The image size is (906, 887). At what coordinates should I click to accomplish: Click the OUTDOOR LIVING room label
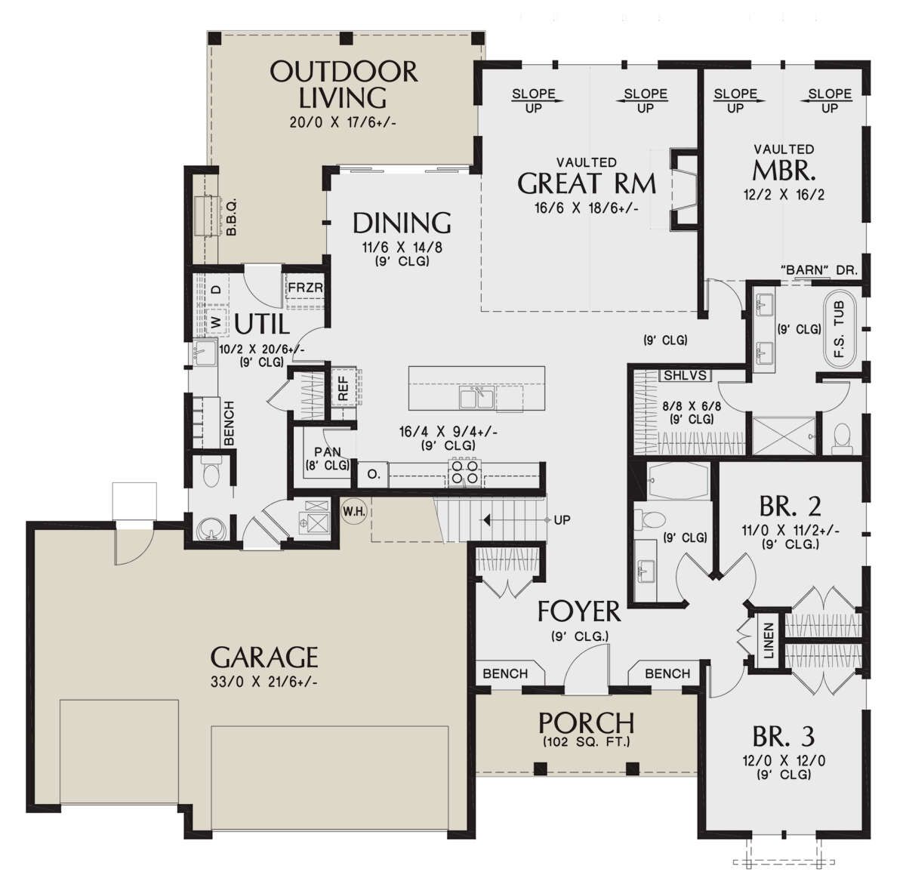344,85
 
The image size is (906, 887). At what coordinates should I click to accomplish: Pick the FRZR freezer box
305,291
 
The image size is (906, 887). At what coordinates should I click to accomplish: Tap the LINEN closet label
768,641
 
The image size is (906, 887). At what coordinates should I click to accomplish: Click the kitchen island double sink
477,399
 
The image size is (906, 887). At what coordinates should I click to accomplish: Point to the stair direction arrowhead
485,520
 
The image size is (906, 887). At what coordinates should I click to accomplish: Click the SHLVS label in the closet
686,375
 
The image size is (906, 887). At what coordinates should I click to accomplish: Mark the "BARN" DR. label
818,270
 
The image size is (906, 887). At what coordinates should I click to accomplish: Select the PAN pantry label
328,452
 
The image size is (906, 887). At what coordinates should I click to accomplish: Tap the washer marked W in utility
216,322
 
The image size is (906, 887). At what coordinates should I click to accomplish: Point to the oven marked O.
373,475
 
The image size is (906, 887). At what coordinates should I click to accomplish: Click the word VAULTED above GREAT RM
586,162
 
